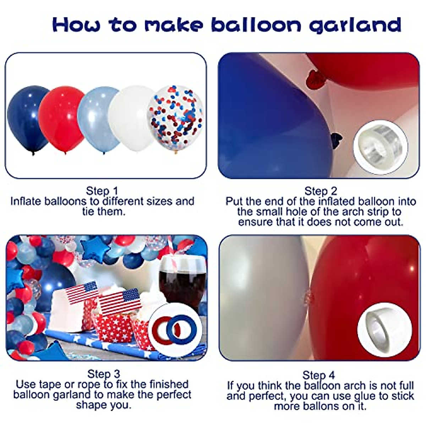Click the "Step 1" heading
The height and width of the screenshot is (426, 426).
102,191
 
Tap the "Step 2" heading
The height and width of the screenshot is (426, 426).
321,191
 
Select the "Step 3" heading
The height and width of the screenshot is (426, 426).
104,374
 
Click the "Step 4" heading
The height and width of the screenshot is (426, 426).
318,375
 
